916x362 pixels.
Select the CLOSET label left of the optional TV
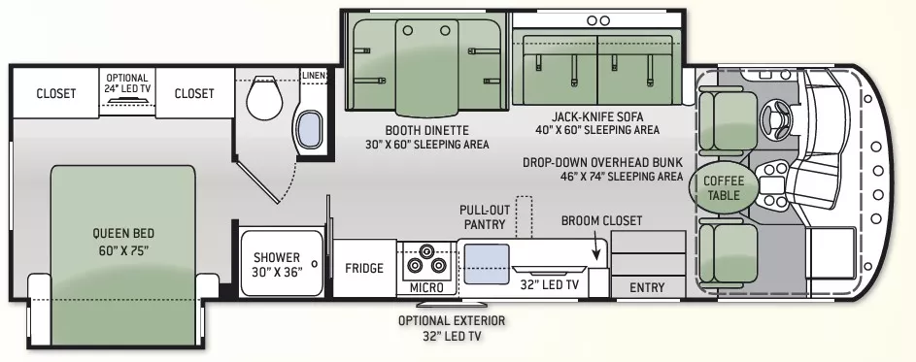tap(55, 94)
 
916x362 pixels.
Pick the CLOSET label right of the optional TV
tap(194, 94)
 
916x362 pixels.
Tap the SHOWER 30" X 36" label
tap(278, 265)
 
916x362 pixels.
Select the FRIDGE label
tap(364, 269)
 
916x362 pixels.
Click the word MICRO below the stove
tap(426, 288)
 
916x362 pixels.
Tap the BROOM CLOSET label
tap(601, 220)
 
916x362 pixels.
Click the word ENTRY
tap(647, 287)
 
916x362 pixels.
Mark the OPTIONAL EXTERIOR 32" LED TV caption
tap(452, 328)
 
